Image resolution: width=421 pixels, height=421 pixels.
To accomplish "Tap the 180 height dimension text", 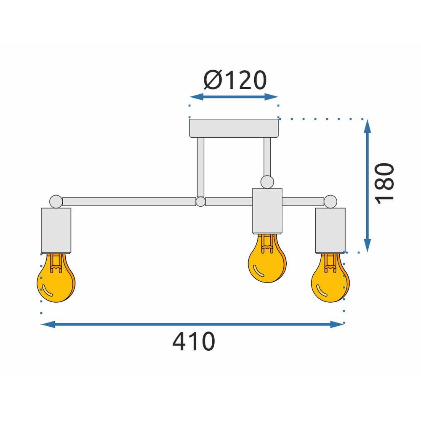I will click(385, 184).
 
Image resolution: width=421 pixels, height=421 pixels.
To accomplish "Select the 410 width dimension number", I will click(194, 341).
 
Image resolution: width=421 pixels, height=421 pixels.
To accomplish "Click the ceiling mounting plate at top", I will click(234, 128).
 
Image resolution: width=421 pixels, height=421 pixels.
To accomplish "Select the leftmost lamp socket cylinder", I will click(56, 230).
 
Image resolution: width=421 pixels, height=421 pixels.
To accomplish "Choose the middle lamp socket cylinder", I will click(266, 210).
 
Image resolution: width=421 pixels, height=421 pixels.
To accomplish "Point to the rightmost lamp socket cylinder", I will click(330, 230).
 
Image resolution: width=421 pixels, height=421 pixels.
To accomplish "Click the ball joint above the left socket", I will click(56, 202).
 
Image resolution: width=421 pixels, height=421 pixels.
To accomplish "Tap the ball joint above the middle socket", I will click(266, 182).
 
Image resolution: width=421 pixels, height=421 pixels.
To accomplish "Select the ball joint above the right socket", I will click(330, 201).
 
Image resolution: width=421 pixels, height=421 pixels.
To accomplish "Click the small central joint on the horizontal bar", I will click(200, 202).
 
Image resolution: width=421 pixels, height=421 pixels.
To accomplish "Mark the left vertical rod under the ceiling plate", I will click(200, 167).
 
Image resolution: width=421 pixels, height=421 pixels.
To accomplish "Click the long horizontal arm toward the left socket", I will click(128, 202).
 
